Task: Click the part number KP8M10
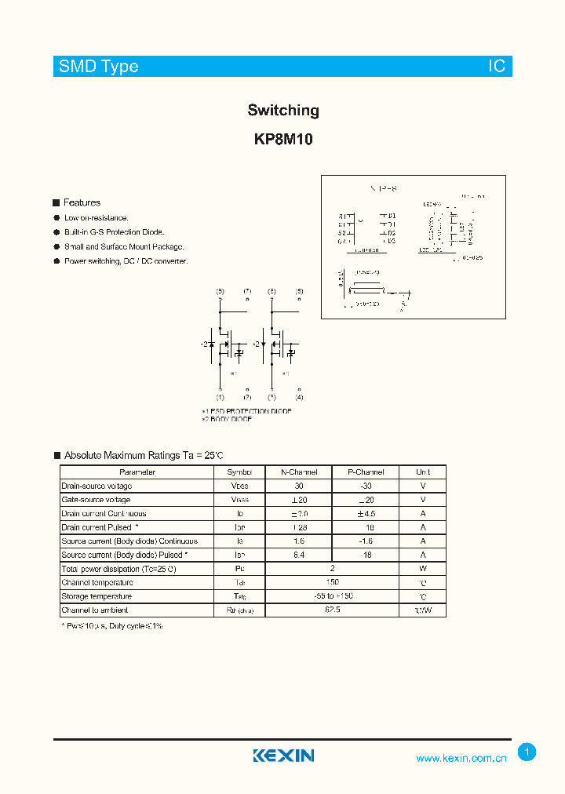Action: click(x=283, y=140)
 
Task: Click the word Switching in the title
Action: click(x=283, y=111)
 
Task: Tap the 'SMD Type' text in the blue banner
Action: click(x=99, y=67)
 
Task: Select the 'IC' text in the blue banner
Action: click(x=497, y=67)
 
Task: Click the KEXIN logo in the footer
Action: click(x=283, y=756)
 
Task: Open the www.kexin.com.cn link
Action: click(x=461, y=758)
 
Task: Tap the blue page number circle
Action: click(x=527, y=752)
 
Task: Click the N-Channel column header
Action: click(x=299, y=472)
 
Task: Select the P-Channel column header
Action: click(x=366, y=472)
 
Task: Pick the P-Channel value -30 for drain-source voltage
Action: click(x=366, y=486)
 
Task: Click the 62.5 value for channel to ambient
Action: click(x=332, y=610)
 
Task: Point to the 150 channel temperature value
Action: click(x=332, y=582)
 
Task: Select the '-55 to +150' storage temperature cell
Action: click(x=332, y=596)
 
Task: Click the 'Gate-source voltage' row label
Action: click(x=96, y=500)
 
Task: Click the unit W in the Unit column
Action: click(x=422, y=569)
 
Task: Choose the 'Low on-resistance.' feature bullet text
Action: click(x=97, y=217)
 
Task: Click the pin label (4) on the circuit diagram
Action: click(x=299, y=397)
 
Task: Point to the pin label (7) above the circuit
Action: click(x=247, y=291)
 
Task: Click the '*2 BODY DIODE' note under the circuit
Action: click(x=227, y=420)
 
